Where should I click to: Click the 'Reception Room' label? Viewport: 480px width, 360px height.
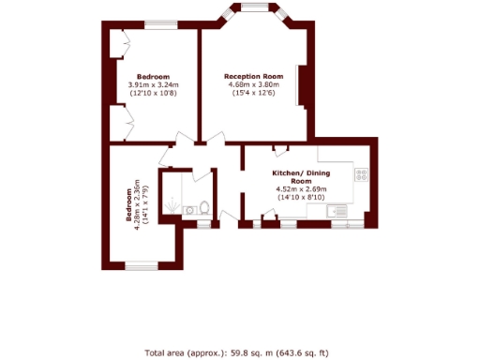coord(253,76)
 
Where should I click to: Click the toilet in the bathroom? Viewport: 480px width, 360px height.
coord(203,209)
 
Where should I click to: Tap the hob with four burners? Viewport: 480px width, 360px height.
coord(361,175)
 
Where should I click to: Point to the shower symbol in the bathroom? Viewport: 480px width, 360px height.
coord(174,199)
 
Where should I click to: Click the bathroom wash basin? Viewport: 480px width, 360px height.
coord(188,211)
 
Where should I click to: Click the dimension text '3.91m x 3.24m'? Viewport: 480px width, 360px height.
coord(153,85)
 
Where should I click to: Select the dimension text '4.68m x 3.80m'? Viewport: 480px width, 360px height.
coord(253,85)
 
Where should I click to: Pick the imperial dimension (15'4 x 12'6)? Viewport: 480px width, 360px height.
coord(253,94)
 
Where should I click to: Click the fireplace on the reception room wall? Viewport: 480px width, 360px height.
coord(299,85)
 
